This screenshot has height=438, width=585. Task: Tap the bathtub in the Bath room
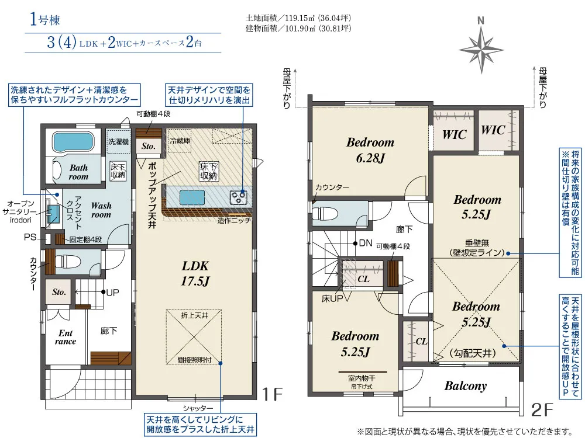(73, 142)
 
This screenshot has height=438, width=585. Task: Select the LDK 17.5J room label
(195, 273)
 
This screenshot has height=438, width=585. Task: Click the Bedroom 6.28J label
(370, 150)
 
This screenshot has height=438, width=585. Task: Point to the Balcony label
(465, 386)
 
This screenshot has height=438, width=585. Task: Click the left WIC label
(454, 134)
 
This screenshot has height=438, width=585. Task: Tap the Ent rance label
(65, 337)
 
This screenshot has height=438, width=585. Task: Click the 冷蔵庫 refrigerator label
(180, 141)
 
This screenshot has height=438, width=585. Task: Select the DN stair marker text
(366, 242)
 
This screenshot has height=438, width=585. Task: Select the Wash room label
(101, 210)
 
